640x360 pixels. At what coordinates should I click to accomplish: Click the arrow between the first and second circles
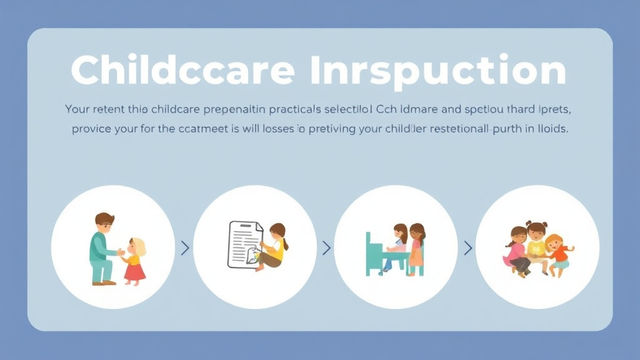(x=184, y=248)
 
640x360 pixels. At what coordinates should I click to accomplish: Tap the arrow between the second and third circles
(x=326, y=248)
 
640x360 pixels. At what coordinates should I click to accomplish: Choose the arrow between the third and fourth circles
(x=467, y=248)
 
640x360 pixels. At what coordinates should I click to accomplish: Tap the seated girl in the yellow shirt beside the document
(x=274, y=247)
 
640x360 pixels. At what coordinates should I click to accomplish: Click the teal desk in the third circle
(x=375, y=256)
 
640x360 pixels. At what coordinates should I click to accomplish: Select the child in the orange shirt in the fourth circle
(x=558, y=253)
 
